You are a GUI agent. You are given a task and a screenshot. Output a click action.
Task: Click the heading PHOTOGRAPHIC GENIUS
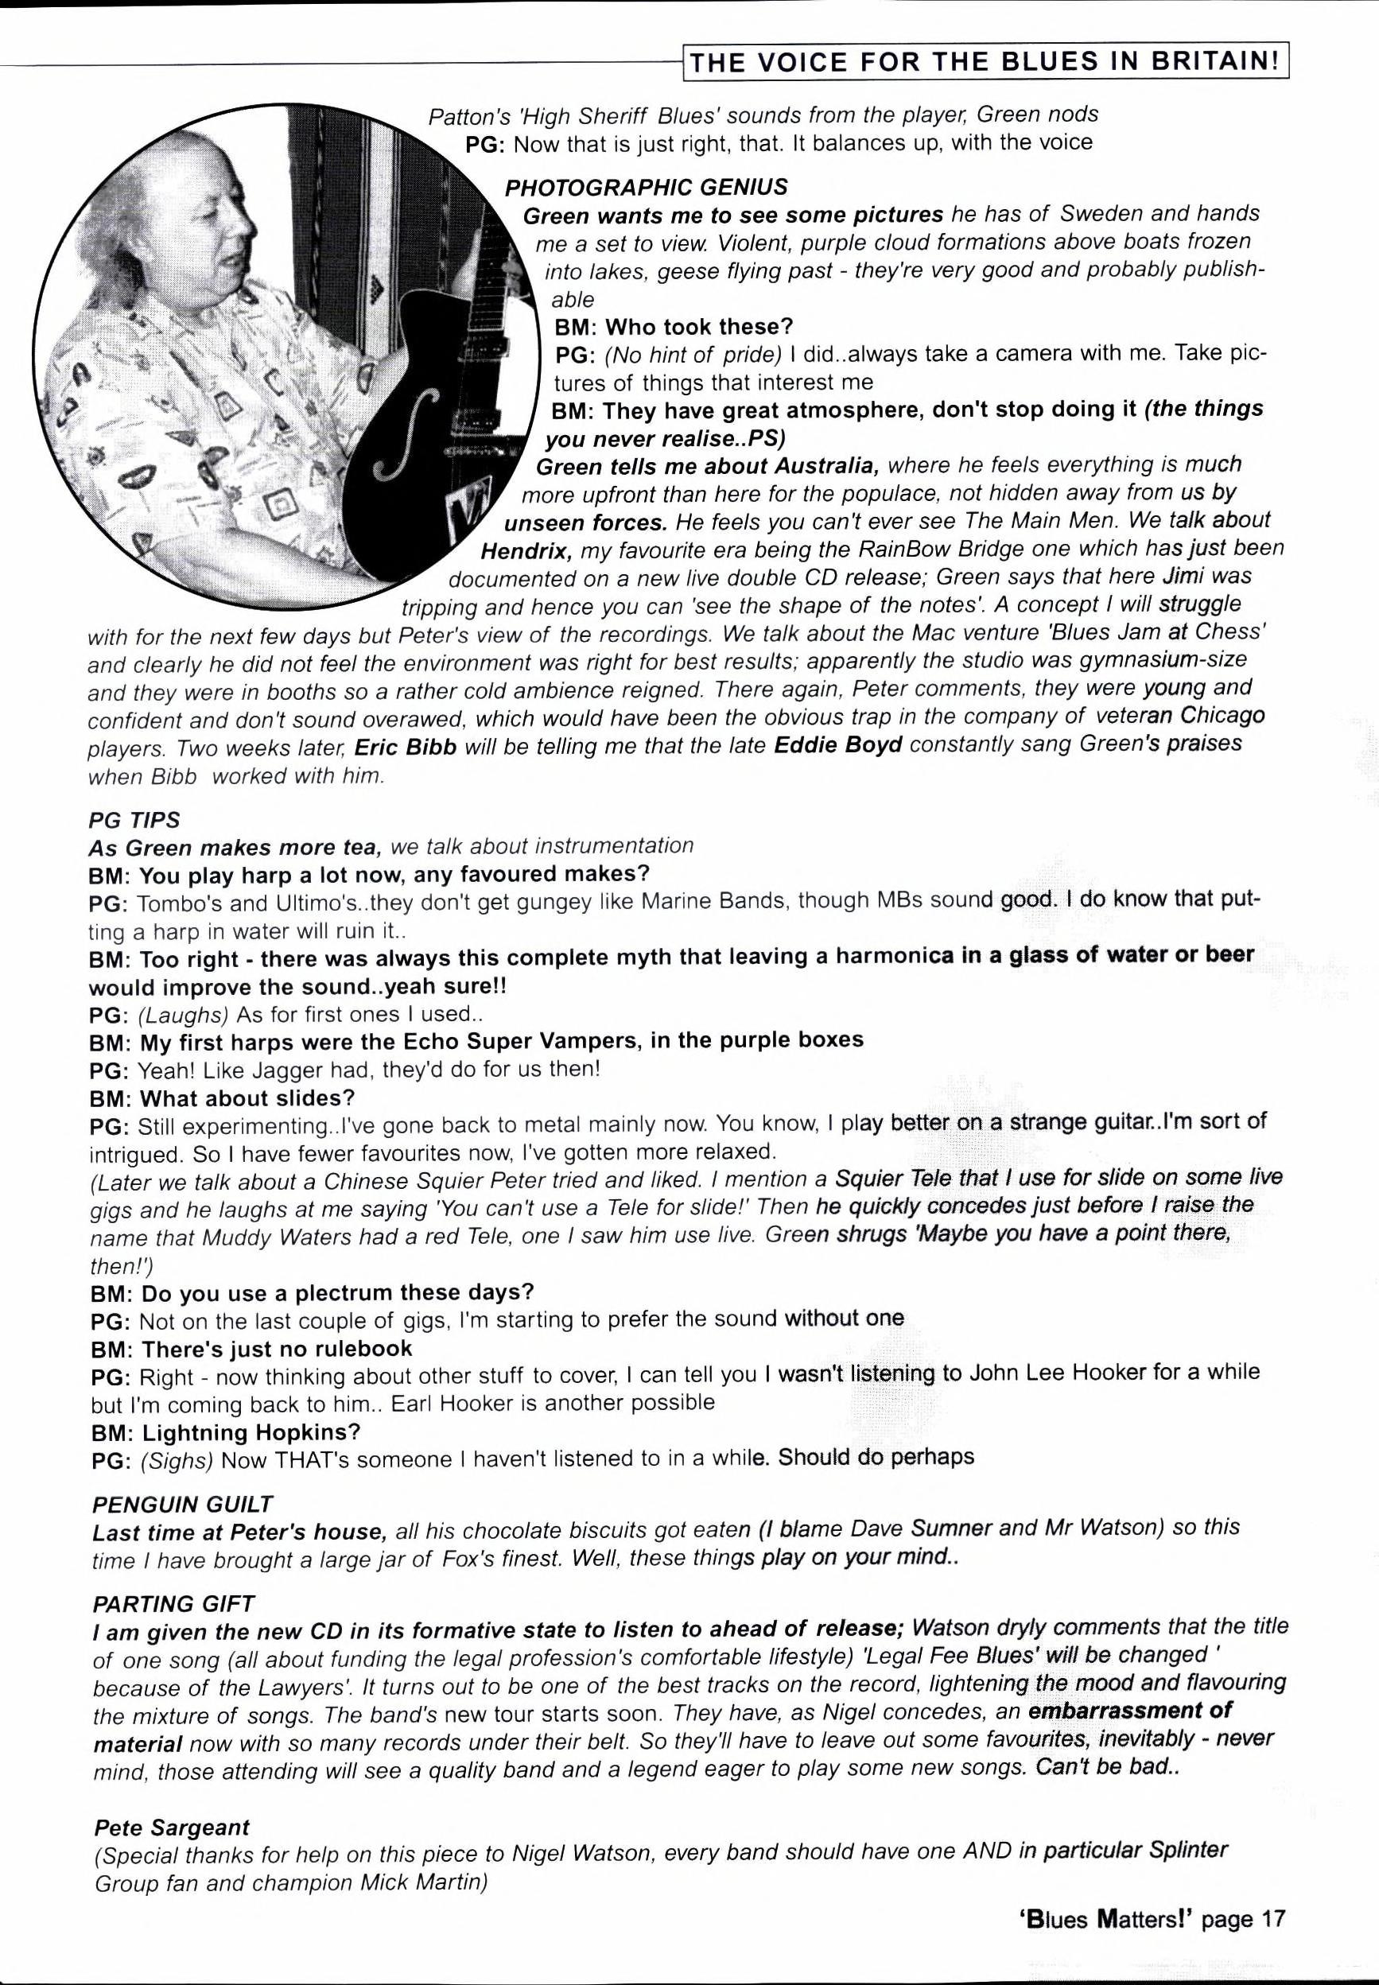tap(647, 188)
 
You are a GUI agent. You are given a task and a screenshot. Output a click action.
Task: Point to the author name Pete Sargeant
tap(171, 1827)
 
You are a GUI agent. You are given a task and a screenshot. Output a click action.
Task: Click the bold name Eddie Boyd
tap(837, 744)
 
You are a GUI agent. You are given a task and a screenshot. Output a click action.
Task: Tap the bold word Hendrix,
tap(527, 550)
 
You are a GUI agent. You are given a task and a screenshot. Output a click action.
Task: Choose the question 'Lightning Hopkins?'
tap(251, 1432)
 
